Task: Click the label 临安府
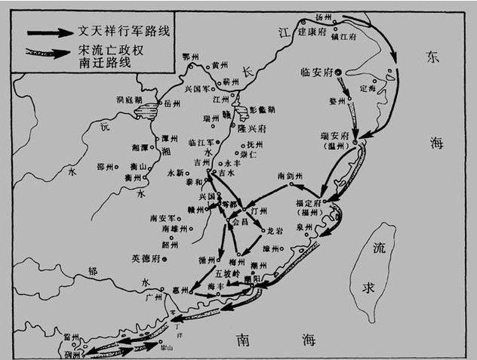coord(318,72)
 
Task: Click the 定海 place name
coord(368,88)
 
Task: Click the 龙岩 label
coord(275,230)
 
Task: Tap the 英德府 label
coord(146,258)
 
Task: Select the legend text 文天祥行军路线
coord(121,32)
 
